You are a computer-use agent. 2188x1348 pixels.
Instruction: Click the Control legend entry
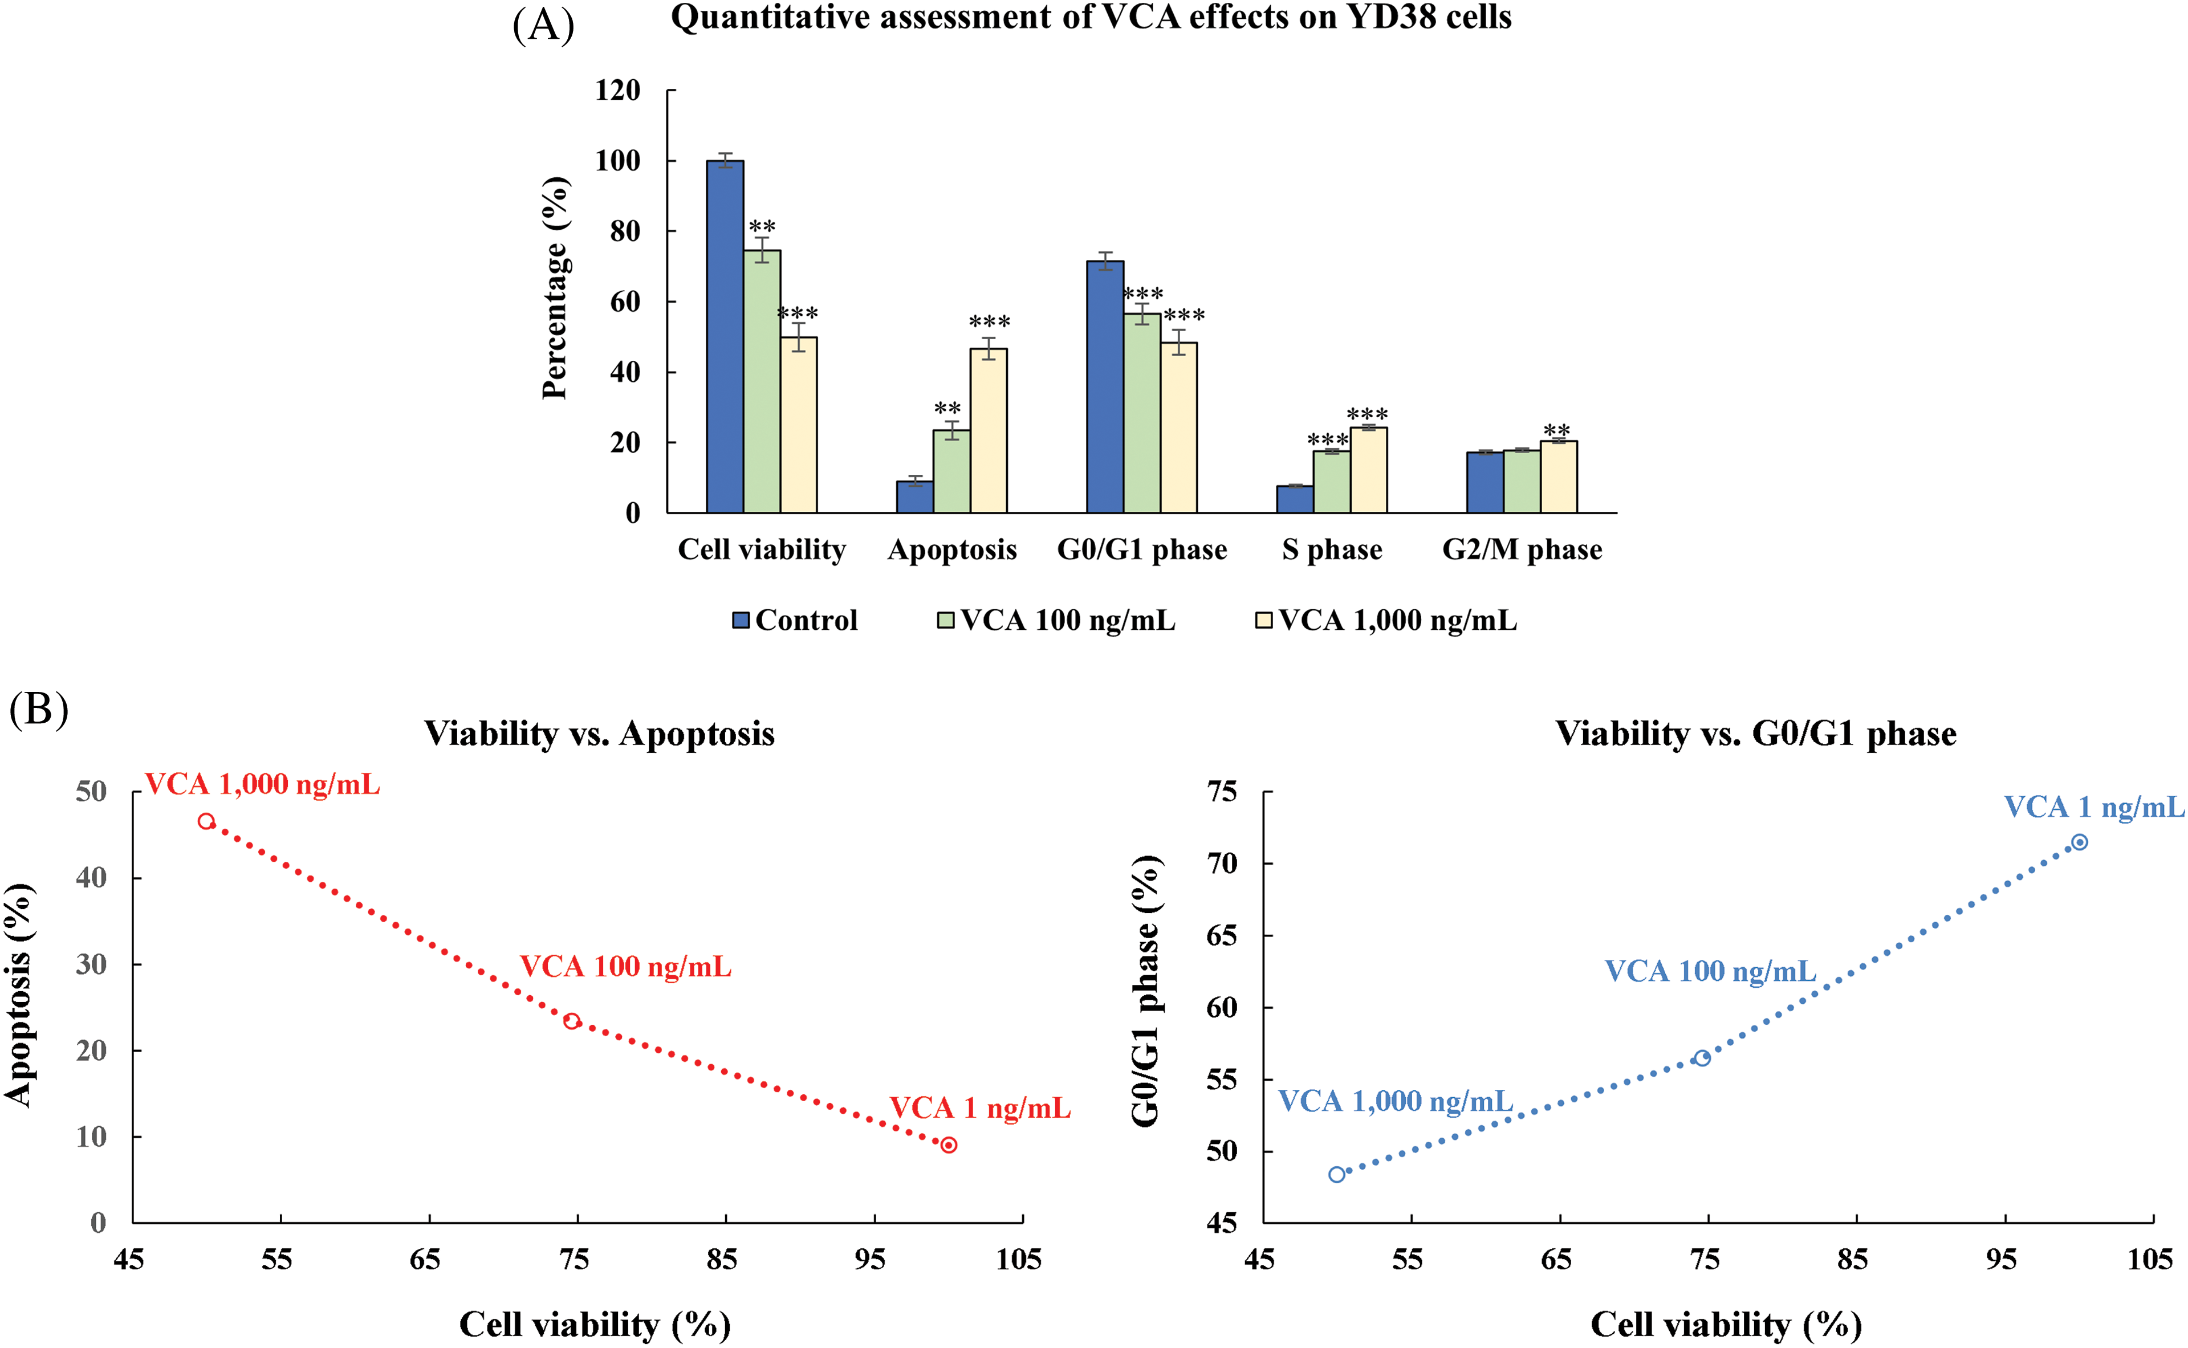coord(795,621)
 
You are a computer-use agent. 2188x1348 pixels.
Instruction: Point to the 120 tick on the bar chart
coord(618,90)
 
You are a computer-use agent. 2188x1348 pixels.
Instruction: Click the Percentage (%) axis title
coord(555,288)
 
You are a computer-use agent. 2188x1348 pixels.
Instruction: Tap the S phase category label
coord(1332,549)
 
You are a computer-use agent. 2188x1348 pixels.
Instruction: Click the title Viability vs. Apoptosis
coord(599,734)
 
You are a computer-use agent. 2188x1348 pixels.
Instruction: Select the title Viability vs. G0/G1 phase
coord(1755,734)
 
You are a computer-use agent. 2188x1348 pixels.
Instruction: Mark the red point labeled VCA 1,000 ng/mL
coord(206,821)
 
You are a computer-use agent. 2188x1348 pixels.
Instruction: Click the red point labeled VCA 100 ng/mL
coord(572,1021)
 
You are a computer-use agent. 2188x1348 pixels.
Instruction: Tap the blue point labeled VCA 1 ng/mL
coord(2079,842)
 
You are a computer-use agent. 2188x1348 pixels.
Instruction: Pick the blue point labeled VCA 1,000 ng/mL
coord(1336,1175)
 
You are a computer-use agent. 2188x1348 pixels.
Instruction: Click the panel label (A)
coord(543,25)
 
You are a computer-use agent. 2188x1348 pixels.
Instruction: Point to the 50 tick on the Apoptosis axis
coord(91,792)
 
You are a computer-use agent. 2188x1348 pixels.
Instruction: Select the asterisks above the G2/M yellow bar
coord(1557,430)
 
